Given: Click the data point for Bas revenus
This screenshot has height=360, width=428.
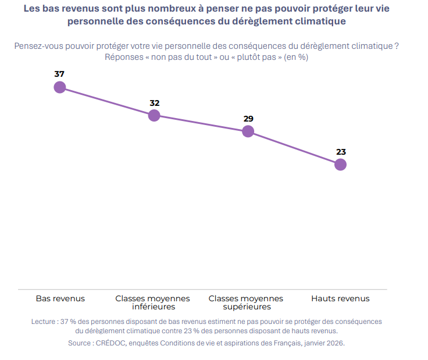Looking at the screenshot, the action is click(60, 87).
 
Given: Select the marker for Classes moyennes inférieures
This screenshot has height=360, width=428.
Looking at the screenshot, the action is click(154, 116).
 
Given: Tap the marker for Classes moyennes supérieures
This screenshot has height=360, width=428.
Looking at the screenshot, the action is click(248, 131).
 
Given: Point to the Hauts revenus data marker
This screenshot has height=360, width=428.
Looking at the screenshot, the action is click(340, 165).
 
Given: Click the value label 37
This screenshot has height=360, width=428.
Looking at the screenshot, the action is click(59, 74).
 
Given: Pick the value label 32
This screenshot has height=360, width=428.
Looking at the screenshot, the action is click(155, 103).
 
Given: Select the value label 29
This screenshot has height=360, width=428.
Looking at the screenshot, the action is click(248, 119).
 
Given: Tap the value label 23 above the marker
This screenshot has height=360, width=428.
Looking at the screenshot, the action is click(341, 152).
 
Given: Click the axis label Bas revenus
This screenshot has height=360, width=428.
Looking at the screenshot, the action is click(60, 298).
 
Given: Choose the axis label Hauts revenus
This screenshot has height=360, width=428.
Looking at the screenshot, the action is click(340, 298).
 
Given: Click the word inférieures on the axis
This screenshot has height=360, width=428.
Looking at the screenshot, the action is click(154, 306).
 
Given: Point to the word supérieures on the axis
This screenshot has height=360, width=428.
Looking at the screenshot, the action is click(247, 307).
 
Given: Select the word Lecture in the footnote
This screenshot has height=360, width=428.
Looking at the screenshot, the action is click(43, 322).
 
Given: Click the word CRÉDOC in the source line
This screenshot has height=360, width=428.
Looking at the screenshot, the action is click(111, 343).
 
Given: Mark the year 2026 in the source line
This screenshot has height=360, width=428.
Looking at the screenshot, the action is click(336, 343).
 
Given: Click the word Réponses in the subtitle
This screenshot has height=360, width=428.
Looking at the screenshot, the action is click(124, 57).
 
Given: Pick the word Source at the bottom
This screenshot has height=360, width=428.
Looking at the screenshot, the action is click(80, 343).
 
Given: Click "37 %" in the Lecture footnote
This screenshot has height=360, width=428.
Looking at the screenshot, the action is click(68, 322).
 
